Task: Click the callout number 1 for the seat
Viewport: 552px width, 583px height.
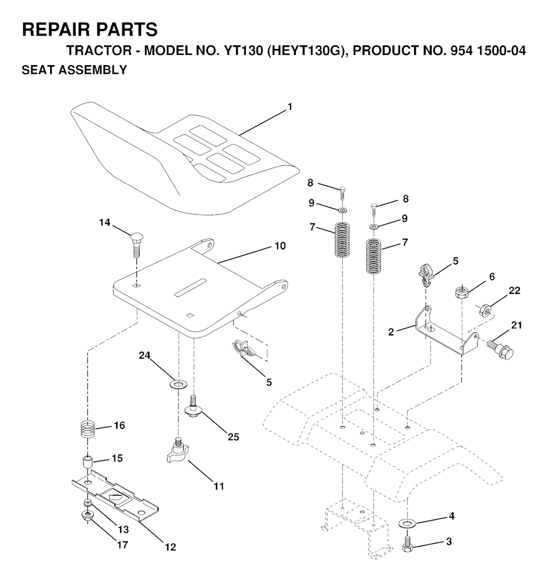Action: tap(290, 107)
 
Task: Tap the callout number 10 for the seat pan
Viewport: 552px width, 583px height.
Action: tap(280, 246)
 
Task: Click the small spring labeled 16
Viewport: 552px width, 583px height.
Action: tap(88, 430)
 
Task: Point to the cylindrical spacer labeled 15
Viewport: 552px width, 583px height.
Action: tap(87, 463)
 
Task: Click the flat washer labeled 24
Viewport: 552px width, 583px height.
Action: tap(178, 383)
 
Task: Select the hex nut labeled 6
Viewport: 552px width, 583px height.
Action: tap(461, 292)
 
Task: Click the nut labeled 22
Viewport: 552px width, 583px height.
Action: tap(485, 309)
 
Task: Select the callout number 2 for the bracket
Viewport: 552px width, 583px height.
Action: tap(391, 332)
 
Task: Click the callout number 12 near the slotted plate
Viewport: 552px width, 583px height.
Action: tap(170, 547)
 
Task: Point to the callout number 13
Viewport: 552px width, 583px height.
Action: tap(123, 530)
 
